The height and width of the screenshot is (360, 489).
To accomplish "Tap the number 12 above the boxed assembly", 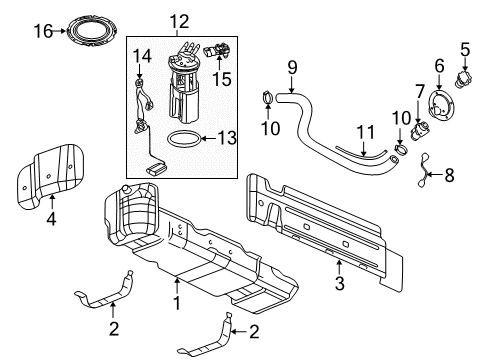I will point(178,20).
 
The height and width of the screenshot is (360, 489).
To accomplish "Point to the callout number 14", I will point(141,55).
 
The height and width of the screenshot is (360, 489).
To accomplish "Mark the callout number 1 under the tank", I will point(176,301).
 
